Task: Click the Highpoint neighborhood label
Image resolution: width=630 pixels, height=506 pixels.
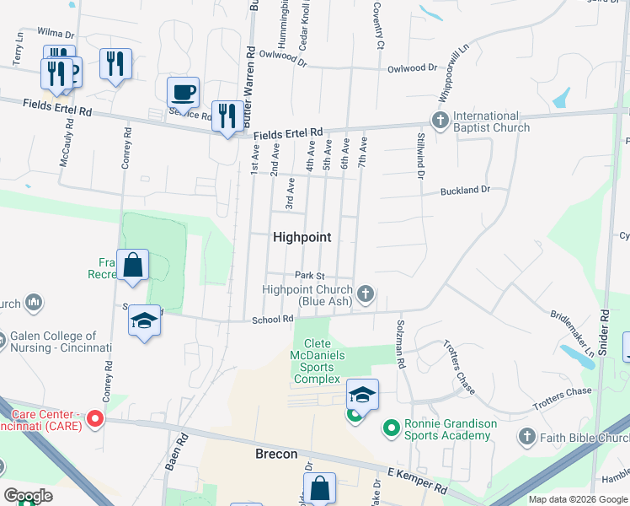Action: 302,238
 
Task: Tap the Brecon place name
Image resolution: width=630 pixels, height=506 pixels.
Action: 276,454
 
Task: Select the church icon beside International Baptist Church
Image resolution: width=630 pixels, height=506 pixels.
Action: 440,121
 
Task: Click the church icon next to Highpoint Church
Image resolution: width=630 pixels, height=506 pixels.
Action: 365,294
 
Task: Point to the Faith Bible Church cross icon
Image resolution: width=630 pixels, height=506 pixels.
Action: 527,436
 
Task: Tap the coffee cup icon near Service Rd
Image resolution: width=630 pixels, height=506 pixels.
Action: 183,91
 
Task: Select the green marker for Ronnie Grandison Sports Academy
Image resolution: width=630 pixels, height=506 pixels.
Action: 390,428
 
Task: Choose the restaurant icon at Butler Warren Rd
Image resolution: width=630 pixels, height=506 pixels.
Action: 226,116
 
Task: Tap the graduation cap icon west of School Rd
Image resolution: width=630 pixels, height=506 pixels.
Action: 145,321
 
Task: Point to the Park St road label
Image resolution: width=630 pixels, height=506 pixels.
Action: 309,276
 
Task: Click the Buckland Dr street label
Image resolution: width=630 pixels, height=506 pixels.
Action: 465,191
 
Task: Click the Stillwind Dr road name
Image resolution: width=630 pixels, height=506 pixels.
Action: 418,157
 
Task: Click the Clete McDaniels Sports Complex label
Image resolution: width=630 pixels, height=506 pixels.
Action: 318,361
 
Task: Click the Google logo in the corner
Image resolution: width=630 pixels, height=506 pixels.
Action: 29,496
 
